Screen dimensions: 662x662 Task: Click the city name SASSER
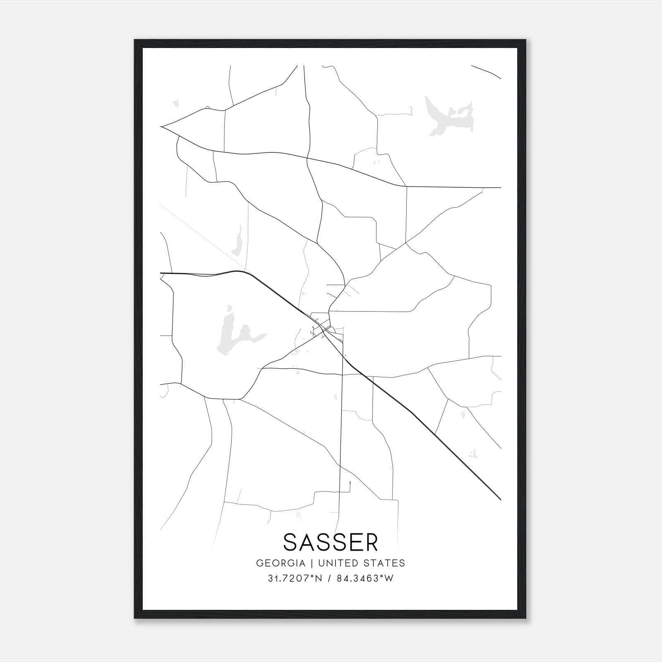click(331, 542)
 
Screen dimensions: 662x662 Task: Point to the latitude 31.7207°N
click(295, 578)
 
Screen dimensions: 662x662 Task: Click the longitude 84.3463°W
click(365, 578)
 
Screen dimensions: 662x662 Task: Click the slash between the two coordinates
click(329, 578)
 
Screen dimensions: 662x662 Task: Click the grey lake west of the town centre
click(232, 335)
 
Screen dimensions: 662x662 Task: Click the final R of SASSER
click(371, 542)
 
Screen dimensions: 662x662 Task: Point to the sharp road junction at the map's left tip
click(161, 127)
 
